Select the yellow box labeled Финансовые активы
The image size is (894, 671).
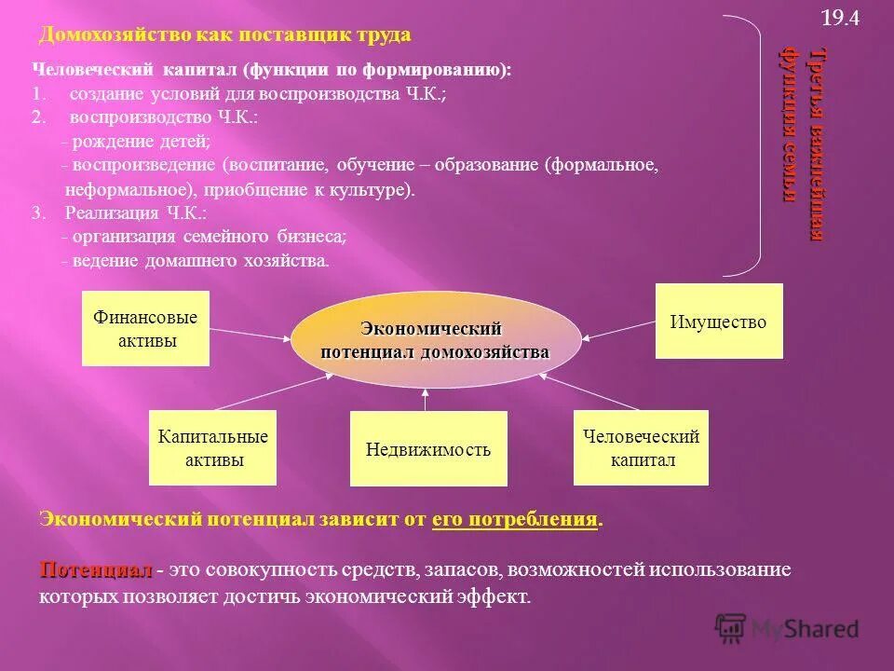click(145, 328)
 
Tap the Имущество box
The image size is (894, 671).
click(718, 322)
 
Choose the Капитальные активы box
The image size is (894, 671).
click(212, 447)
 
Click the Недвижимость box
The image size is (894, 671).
click(428, 449)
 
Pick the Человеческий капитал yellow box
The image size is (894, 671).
click(641, 447)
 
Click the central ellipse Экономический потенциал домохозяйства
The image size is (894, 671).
click(435, 340)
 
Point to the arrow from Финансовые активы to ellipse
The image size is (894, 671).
click(250, 334)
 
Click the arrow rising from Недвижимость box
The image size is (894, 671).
click(425, 399)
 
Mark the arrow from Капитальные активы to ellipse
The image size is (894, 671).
click(270, 393)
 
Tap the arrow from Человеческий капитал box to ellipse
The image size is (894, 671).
click(589, 393)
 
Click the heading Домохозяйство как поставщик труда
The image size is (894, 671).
click(224, 35)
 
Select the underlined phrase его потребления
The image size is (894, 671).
click(514, 520)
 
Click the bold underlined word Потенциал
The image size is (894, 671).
click(95, 569)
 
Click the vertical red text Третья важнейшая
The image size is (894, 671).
click(817, 144)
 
